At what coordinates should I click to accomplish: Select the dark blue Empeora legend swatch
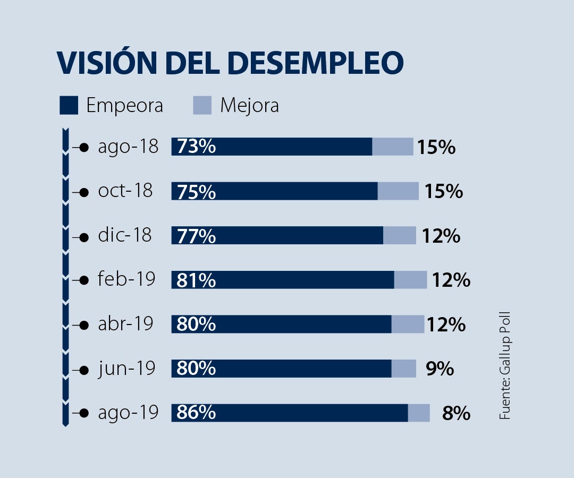[x=69, y=105]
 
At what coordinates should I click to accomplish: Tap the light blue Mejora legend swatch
[x=202, y=105]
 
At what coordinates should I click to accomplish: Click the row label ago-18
[x=128, y=147]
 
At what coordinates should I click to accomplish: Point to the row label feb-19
[x=126, y=279]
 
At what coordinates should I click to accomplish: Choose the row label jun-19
[x=126, y=368]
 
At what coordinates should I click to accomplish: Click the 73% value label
[x=196, y=147]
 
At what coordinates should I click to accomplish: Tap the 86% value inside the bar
[x=196, y=412]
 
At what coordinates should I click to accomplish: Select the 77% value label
[x=196, y=235]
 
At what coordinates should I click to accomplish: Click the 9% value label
[x=440, y=369]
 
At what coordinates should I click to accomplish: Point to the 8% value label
[x=456, y=413]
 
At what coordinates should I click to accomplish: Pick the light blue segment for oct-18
[x=398, y=191]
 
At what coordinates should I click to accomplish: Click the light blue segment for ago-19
[x=419, y=413]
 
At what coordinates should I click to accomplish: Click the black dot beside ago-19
[x=83, y=413]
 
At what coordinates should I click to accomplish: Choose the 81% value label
[x=196, y=279]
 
